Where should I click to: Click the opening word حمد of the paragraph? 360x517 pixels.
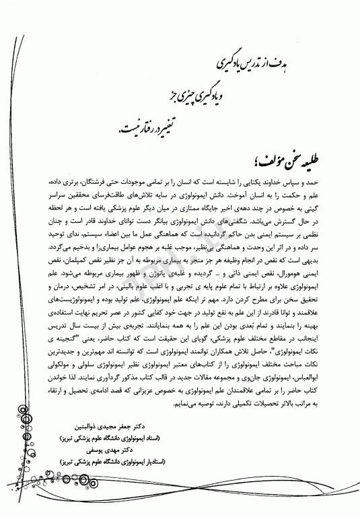tap(308, 183)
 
